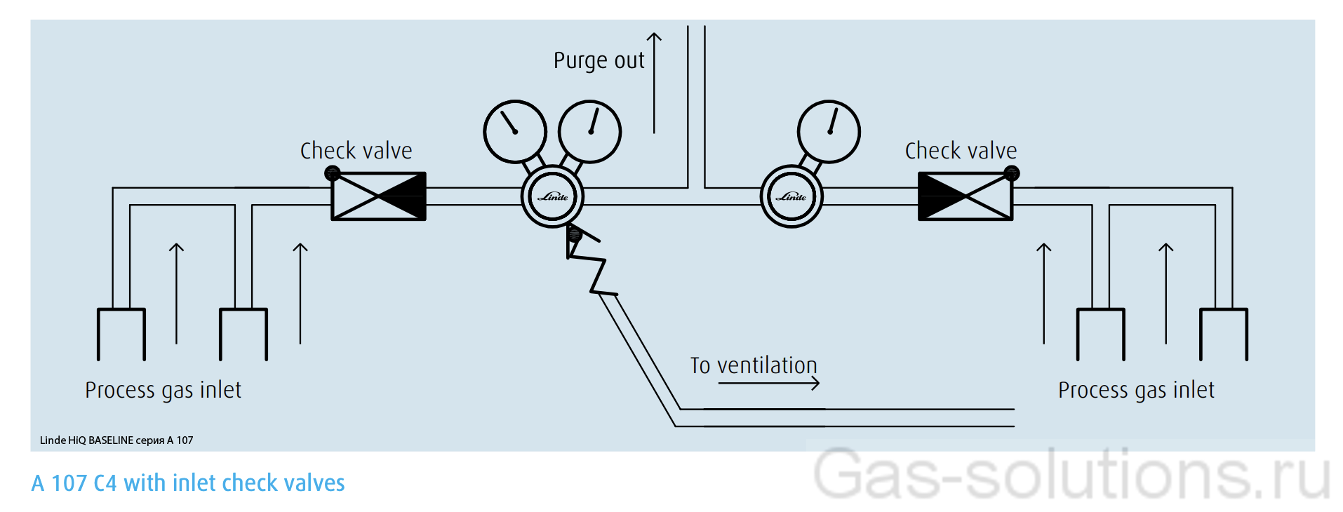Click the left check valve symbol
click(x=378, y=196)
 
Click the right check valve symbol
click(x=966, y=196)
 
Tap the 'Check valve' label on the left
click(x=356, y=151)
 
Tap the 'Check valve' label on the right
click(x=961, y=151)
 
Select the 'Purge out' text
click(x=599, y=61)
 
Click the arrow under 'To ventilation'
click(x=769, y=383)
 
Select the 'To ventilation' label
click(x=754, y=365)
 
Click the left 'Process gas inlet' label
click(x=163, y=390)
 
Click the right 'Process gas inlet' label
click(x=1136, y=390)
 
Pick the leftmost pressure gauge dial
click(x=515, y=132)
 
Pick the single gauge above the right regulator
click(x=829, y=132)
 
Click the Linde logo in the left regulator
click(x=553, y=197)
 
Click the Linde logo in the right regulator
click(x=791, y=197)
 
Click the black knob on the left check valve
click(x=333, y=173)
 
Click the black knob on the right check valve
click(x=1011, y=173)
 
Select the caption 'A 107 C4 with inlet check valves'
click(x=188, y=483)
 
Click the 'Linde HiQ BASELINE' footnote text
click(x=116, y=440)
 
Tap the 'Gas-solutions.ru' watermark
click(x=1071, y=476)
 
